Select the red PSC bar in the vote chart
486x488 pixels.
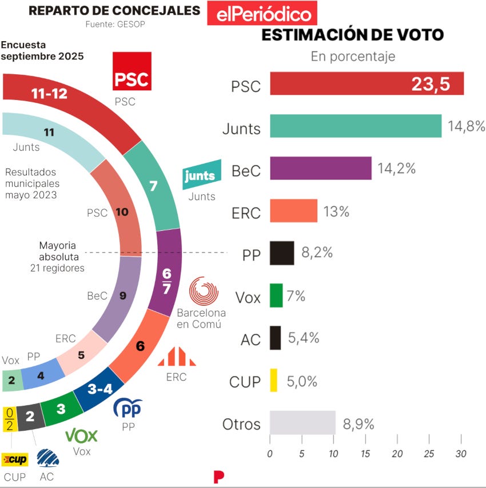pos(366,83)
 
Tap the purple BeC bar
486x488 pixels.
pos(320,168)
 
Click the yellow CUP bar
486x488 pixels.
pos(273,380)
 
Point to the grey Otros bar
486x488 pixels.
pos(302,422)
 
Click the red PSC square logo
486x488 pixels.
pos(132,71)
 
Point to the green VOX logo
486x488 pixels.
pos(82,436)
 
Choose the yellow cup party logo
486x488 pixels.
pos(14,459)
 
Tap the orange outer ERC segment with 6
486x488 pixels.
pos(140,346)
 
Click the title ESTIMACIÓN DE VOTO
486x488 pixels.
pos(352,35)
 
